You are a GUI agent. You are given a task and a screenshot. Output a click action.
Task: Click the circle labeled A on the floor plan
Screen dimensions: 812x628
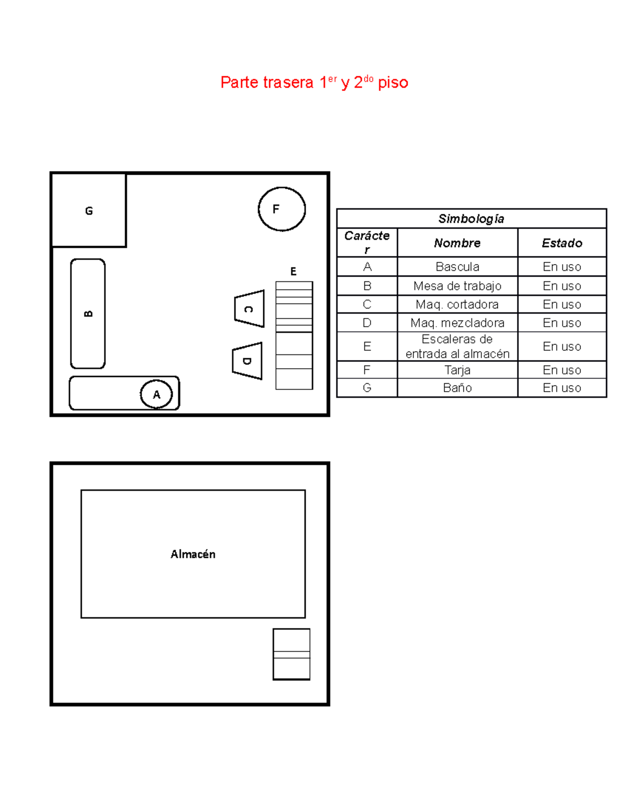156,394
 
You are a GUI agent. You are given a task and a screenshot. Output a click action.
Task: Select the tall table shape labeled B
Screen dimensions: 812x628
88,314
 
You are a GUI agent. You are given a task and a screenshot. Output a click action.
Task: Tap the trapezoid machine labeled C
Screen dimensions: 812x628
249,309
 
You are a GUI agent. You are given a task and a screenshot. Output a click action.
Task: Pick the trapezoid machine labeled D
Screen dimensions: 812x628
247,361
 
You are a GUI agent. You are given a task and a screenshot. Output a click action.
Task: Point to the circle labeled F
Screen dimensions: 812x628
282,209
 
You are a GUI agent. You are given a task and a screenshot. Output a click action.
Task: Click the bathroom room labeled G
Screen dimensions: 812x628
89,210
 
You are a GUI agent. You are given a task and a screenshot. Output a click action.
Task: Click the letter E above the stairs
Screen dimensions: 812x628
293,271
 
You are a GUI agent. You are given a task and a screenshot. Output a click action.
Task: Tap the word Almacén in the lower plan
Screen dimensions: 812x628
193,554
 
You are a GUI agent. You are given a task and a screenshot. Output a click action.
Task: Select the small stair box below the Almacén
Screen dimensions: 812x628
291,654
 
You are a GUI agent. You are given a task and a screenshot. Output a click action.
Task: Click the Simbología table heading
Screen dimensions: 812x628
471,219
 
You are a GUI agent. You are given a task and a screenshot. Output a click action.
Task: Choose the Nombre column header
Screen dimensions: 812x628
457,243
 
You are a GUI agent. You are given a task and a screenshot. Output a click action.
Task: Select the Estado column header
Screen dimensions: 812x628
562,243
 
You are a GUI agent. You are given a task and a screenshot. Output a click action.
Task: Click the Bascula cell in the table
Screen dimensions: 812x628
457,267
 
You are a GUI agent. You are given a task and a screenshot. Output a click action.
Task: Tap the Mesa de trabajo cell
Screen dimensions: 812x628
457,286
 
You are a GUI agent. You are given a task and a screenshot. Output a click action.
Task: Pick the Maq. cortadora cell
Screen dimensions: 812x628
457,304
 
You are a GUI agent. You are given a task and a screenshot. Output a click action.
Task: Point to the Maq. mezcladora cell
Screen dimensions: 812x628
457,323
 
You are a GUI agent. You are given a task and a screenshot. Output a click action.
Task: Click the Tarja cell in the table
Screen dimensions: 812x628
457,370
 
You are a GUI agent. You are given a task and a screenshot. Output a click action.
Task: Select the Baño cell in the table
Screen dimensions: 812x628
457,388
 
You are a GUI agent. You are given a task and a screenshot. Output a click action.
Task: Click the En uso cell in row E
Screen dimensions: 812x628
562,346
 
